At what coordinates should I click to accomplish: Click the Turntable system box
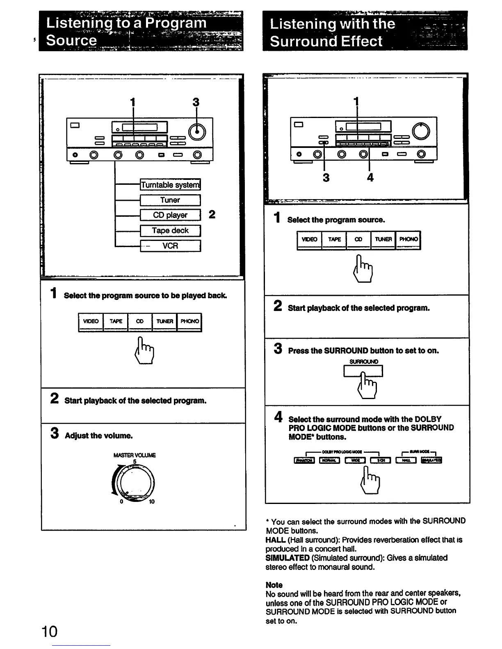(x=170, y=185)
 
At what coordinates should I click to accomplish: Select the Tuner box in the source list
(x=170, y=200)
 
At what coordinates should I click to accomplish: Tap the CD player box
(x=170, y=215)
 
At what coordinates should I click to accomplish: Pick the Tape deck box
(x=170, y=231)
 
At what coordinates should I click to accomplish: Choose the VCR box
(x=170, y=246)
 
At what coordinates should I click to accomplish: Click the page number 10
(x=50, y=631)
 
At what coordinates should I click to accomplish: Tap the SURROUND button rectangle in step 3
(x=363, y=371)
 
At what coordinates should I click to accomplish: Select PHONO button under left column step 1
(x=189, y=322)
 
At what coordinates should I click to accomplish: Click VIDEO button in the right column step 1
(x=309, y=240)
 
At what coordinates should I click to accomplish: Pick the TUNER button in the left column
(x=164, y=322)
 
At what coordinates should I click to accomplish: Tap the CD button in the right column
(x=358, y=240)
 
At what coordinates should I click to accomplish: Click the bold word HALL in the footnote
(x=275, y=540)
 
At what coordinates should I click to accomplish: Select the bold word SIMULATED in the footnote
(x=287, y=558)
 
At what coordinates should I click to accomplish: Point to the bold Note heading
(x=274, y=585)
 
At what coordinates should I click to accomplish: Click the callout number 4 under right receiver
(x=370, y=177)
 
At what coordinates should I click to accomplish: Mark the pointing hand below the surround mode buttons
(x=370, y=481)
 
